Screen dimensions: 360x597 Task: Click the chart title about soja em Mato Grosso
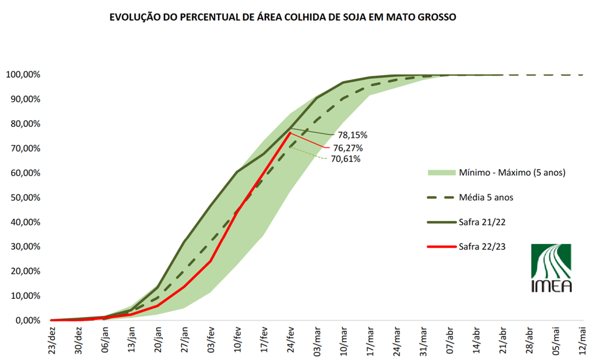click(x=283, y=17)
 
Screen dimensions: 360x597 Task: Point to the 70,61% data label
click(x=345, y=158)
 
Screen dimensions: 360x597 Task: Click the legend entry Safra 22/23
click(x=481, y=246)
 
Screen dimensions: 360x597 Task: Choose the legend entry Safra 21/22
click(x=481, y=222)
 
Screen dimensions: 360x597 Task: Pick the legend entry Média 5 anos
click(x=485, y=197)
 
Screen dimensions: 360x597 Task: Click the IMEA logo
click(x=551, y=268)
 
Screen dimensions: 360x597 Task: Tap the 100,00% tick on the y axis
click(x=23, y=75)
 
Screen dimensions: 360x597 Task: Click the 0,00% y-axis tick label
click(x=27, y=320)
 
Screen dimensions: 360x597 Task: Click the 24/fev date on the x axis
click(x=290, y=340)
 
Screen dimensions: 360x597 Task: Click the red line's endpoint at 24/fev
click(x=290, y=133)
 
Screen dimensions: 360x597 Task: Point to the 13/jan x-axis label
click(x=132, y=340)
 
